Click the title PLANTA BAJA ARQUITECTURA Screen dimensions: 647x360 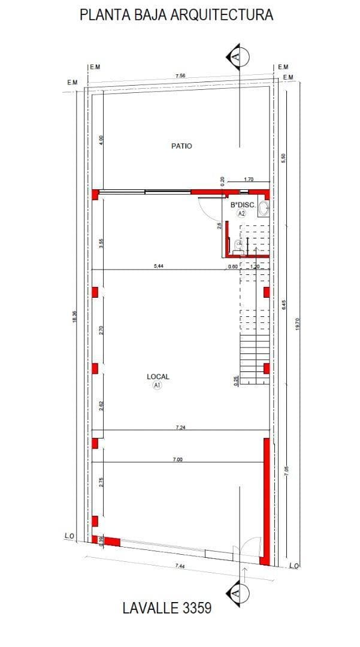point(176,16)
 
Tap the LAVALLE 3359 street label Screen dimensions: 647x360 point(167,608)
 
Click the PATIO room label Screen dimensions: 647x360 point(181,146)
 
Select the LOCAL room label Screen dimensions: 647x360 point(158,377)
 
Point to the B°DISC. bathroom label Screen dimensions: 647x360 point(243,205)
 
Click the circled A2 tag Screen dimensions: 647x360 point(242,213)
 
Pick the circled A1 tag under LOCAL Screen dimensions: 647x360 point(158,386)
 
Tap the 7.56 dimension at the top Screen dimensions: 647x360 point(180,76)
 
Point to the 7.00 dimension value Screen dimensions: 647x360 point(178,459)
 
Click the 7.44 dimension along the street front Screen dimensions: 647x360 point(180,566)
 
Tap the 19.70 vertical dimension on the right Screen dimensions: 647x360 point(298,324)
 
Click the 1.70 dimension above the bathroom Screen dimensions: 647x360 point(249,179)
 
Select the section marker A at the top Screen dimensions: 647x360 point(238,56)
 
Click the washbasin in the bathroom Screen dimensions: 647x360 point(264,205)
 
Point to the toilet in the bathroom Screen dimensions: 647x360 point(239,244)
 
